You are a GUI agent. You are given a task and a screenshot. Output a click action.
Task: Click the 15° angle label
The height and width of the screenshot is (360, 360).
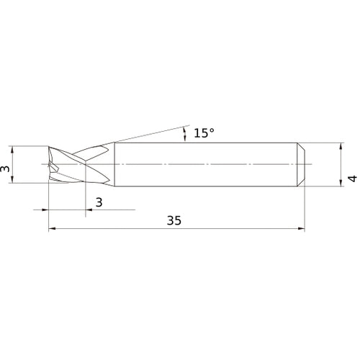point(204,133)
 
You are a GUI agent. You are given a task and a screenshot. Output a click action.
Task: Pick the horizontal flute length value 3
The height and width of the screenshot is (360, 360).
point(99,202)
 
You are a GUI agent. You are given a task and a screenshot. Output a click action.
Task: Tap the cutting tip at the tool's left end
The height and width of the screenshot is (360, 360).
point(49,166)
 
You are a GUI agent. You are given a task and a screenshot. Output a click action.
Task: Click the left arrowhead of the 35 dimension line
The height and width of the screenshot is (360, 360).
point(52,230)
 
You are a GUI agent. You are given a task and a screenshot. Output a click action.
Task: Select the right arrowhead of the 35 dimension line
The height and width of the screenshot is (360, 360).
point(302,230)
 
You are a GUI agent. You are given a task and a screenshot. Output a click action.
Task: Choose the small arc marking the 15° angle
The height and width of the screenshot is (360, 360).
point(186,132)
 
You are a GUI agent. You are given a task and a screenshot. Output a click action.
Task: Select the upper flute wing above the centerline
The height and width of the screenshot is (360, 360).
point(94,151)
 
